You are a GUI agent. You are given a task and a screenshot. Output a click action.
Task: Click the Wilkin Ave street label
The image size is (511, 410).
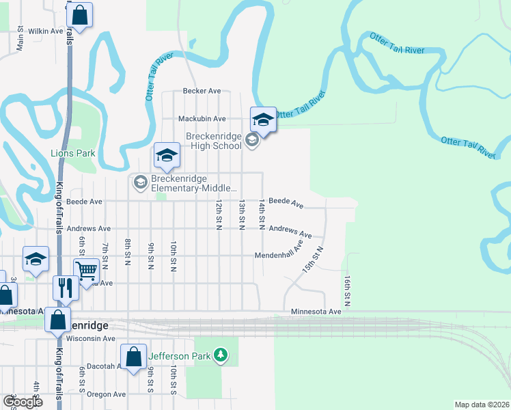[x=45, y=31]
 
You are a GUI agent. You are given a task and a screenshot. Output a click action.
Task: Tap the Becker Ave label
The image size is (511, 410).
[x=202, y=91]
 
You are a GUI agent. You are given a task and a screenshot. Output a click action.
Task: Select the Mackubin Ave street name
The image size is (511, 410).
[x=202, y=118]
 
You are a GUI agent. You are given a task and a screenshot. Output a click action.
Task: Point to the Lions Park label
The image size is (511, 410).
[x=72, y=154]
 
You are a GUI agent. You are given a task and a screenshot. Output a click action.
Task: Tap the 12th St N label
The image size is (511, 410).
[x=219, y=216]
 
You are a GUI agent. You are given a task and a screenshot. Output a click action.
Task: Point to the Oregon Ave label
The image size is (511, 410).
[x=107, y=394]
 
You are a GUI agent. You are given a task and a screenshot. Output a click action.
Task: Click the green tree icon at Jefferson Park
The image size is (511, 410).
[x=220, y=355]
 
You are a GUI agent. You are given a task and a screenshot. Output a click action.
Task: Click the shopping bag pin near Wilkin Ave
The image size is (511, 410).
[x=80, y=15]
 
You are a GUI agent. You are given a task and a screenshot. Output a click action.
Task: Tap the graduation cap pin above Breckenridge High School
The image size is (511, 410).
[x=263, y=121]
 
